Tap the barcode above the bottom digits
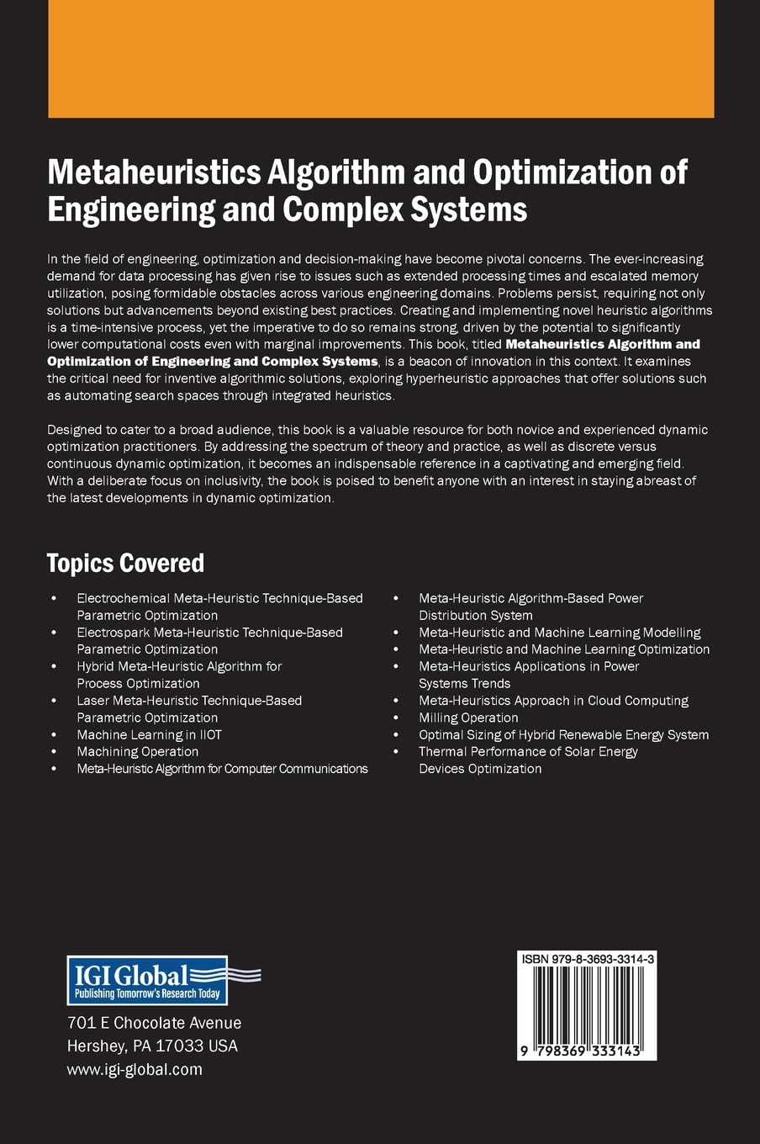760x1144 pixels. point(587,1004)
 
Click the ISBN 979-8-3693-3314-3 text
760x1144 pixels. point(588,959)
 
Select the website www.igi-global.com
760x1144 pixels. point(135,1069)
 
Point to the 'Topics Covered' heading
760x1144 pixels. point(125,563)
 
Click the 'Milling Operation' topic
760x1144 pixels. point(468,718)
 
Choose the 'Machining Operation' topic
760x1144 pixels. point(137,751)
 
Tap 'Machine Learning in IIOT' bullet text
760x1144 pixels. point(149,734)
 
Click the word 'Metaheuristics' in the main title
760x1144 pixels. point(155,172)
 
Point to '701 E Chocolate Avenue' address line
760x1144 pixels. point(154,1023)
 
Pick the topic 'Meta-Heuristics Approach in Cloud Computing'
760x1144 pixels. point(553,700)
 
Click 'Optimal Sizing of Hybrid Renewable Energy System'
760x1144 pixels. point(563,734)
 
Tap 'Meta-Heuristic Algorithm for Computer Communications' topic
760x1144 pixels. point(222,768)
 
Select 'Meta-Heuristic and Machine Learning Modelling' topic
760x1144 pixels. point(559,632)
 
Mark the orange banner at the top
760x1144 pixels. point(381,58)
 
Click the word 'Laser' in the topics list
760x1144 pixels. point(93,700)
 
